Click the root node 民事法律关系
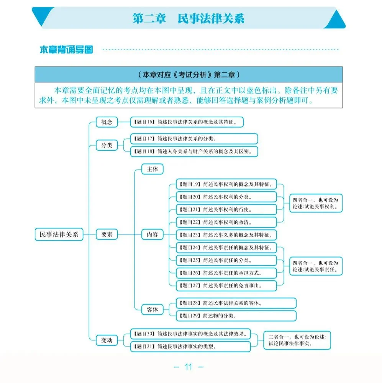click(x=59, y=234)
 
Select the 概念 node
click(x=107, y=122)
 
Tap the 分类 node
click(x=107, y=145)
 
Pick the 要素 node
click(x=107, y=234)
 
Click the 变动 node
click(x=107, y=340)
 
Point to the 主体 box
click(x=152, y=169)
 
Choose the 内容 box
click(x=152, y=234)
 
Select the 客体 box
click(x=152, y=309)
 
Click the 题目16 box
click(x=187, y=122)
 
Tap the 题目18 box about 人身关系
click(x=194, y=151)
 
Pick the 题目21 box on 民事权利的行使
click(x=226, y=210)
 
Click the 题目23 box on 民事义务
click(x=226, y=235)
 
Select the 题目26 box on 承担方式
click(x=226, y=273)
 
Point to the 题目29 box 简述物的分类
click(x=236, y=316)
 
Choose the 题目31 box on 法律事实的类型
click(x=191, y=346)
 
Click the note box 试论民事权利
click(x=316, y=203)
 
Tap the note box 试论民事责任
click(x=316, y=266)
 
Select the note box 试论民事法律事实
click(x=297, y=340)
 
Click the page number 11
click(x=189, y=367)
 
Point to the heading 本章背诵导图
click(x=66, y=49)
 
